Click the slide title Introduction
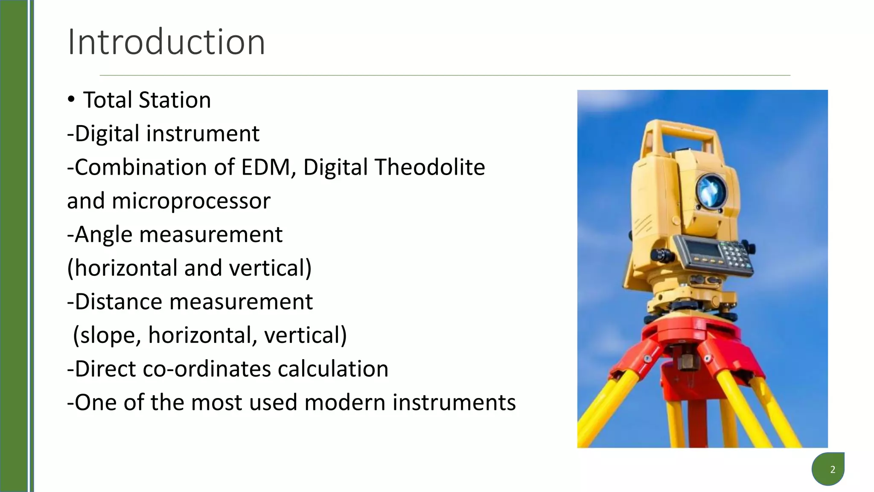[x=166, y=42]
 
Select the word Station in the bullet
[x=175, y=100]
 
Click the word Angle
[x=103, y=234]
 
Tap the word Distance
[x=118, y=302]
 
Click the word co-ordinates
[x=207, y=369]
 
